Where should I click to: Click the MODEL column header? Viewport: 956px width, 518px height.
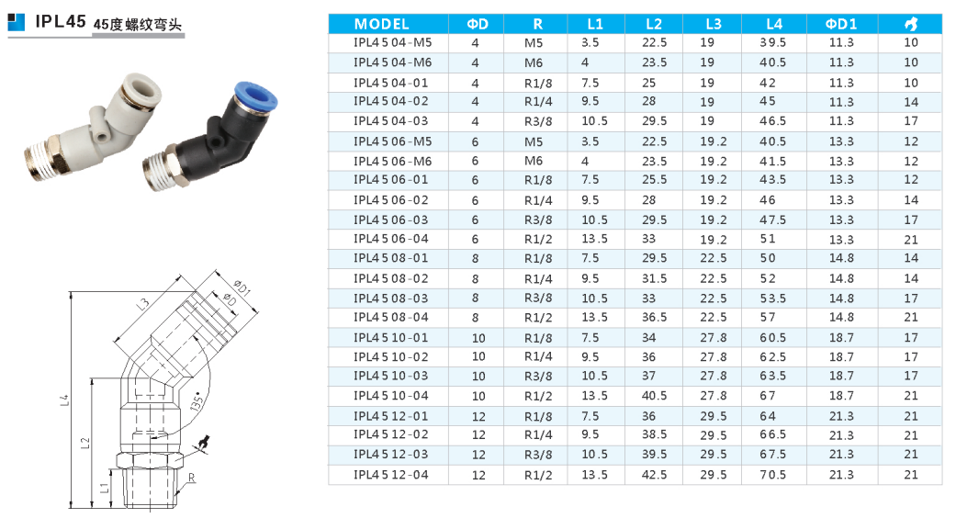pyautogui.click(x=381, y=25)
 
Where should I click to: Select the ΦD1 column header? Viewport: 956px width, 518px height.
pyautogui.click(x=841, y=25)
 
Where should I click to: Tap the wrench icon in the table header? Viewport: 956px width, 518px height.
pyautogui.click(x=911, y=25)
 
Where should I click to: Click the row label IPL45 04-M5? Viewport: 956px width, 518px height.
pyautogui.click(x=392, y=42)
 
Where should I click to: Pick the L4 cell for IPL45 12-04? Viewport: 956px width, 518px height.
pyautogui.click(x=772, y=475)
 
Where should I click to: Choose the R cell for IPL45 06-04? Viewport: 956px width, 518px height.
pyautogui.click(x=538, y=240)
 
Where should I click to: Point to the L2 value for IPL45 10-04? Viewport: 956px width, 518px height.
pyautogui.click(x=654, y=396)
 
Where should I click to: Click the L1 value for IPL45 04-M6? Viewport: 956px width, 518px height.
pyautogui.click(x=585, y=62)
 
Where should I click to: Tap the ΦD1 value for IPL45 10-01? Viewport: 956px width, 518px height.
pyautogui.click(x=841, y=338)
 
